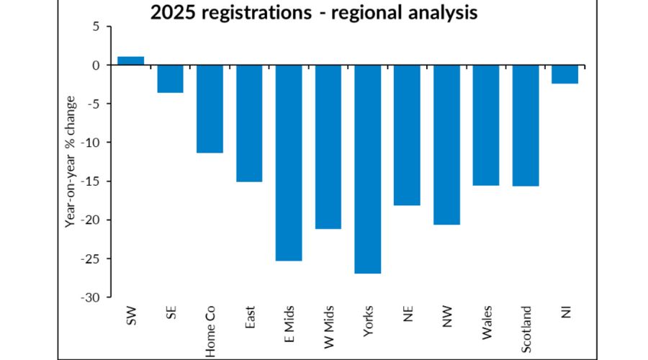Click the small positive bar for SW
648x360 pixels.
tap(130, 60)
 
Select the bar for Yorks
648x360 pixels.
tap(367, 169)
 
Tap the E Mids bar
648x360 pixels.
tap(289, 163)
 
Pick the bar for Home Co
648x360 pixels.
tap(210, 109)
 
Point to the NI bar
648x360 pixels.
tap(564, 74)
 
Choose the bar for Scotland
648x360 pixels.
tap(525, 125)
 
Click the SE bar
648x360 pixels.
tap(170, 78)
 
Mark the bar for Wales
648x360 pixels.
tap(485, 125)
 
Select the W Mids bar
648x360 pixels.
tap(328, 147)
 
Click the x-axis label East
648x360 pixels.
tap(250, 318)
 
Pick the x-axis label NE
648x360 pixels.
tap(408, 314)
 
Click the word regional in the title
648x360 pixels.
tap(377, 12)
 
